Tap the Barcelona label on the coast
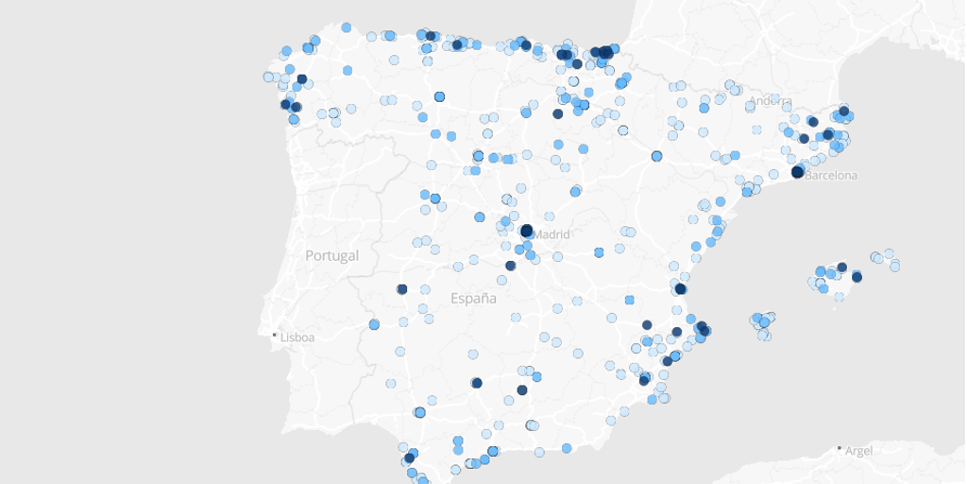click(831, 175)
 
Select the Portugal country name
click(331, 255)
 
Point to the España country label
click(473, 299)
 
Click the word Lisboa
click(297, 336)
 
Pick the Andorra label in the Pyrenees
click(771, 101)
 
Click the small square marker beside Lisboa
click(275, 335)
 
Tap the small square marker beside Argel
click(840, 449)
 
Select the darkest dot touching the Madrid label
click(527, 230)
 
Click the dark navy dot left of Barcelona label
click(798, 171)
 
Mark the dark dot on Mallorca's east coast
click(857, 277)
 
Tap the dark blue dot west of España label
click(401, 289)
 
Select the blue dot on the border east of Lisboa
click(374, 324)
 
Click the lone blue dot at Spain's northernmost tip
click(347, 27)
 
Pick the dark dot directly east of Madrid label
click(599, 252)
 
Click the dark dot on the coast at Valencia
click(680, 288)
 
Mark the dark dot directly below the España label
click(476, 383)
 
